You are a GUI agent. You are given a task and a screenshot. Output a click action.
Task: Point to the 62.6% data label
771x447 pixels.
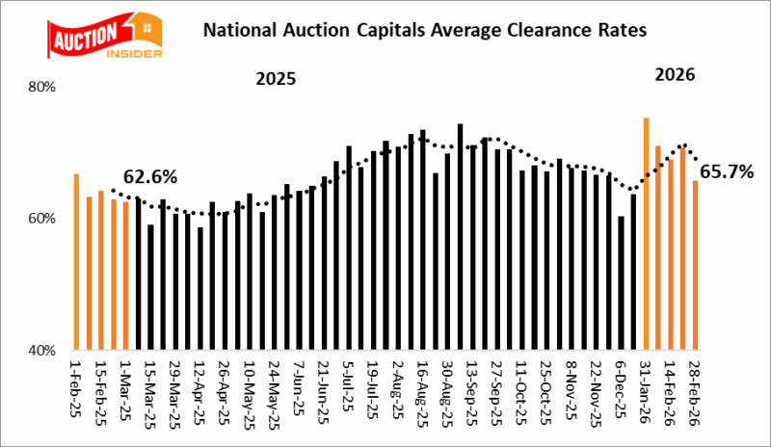(147, 177)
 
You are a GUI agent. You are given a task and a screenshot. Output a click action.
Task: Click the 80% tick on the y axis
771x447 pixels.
(44, 87)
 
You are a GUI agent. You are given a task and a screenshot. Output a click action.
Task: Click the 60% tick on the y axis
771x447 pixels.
(44, 219)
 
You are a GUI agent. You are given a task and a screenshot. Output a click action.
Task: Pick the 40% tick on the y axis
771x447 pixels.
(44, 351)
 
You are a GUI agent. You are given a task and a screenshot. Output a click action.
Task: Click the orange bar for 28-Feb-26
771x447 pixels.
(695, 265)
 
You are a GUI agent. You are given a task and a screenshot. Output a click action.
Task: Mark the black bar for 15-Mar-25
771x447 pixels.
(150, 287)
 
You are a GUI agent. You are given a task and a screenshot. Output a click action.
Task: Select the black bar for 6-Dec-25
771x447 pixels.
(622, 282)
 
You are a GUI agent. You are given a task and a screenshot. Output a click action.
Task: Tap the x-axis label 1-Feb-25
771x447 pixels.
(76, 390)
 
